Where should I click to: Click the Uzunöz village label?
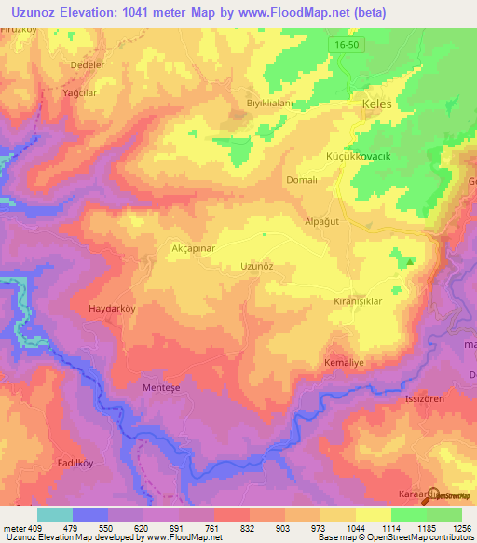pos(256,266)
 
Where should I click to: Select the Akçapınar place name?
pos(168,249)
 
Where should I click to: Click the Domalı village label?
pos(303,180)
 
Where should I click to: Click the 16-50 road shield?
pos(344,45)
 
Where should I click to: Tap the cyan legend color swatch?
pos(55,514)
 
